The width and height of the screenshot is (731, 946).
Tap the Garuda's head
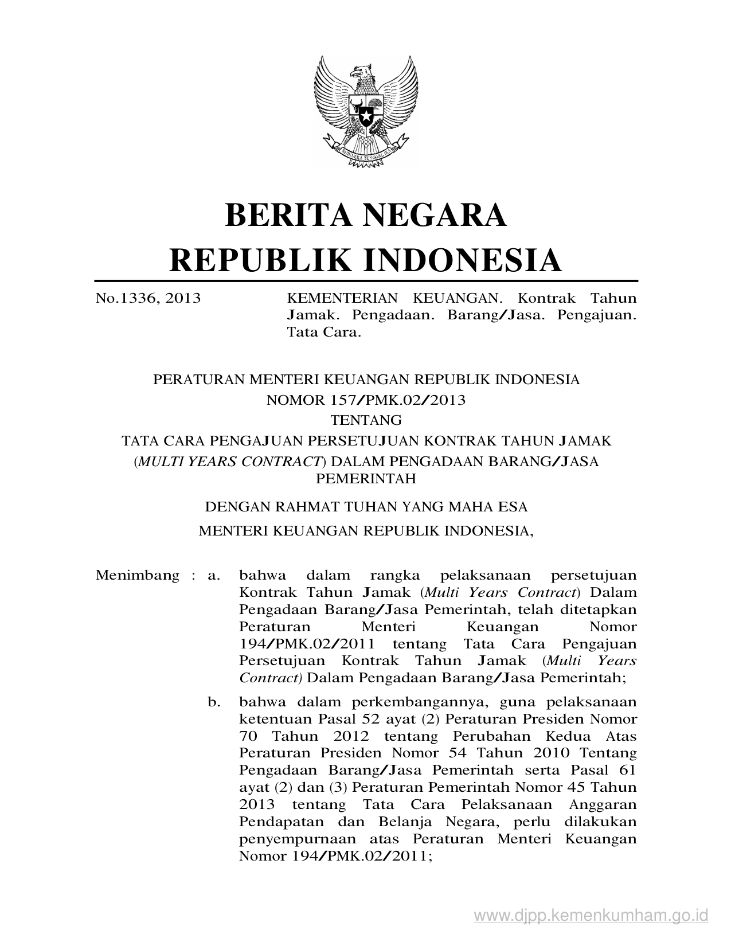click(362, 73)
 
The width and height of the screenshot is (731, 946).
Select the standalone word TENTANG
click(366, 420)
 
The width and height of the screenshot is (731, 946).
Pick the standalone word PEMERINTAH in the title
click(366, 479)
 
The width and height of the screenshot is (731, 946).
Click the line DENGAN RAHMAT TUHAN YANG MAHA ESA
click(366, 507)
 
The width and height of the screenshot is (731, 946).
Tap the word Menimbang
click(138, 575)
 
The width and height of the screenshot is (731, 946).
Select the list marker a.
click(214, 575)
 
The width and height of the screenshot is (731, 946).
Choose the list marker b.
click(214, 702)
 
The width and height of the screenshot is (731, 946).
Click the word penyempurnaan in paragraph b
click(296, 839)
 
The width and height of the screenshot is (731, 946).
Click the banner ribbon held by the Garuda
click(365, 153)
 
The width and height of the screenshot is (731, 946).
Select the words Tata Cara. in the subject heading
click(324, 332)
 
